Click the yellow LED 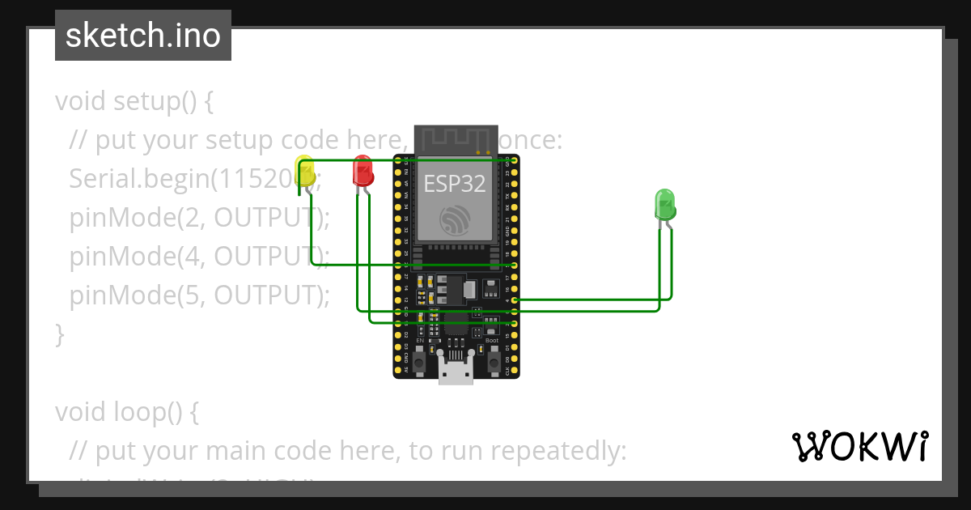point(305,172)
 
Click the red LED point(363,172)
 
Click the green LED point(664,203)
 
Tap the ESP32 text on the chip point(455,184)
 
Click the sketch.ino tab point(143,36)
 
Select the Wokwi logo point(859,446)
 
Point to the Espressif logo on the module point(455,219)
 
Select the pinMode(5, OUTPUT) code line point(200,295)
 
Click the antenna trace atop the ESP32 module point(456,138)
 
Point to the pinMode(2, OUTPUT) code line point(200,218)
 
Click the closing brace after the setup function point(59,334)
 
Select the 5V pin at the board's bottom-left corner point(397,370)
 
